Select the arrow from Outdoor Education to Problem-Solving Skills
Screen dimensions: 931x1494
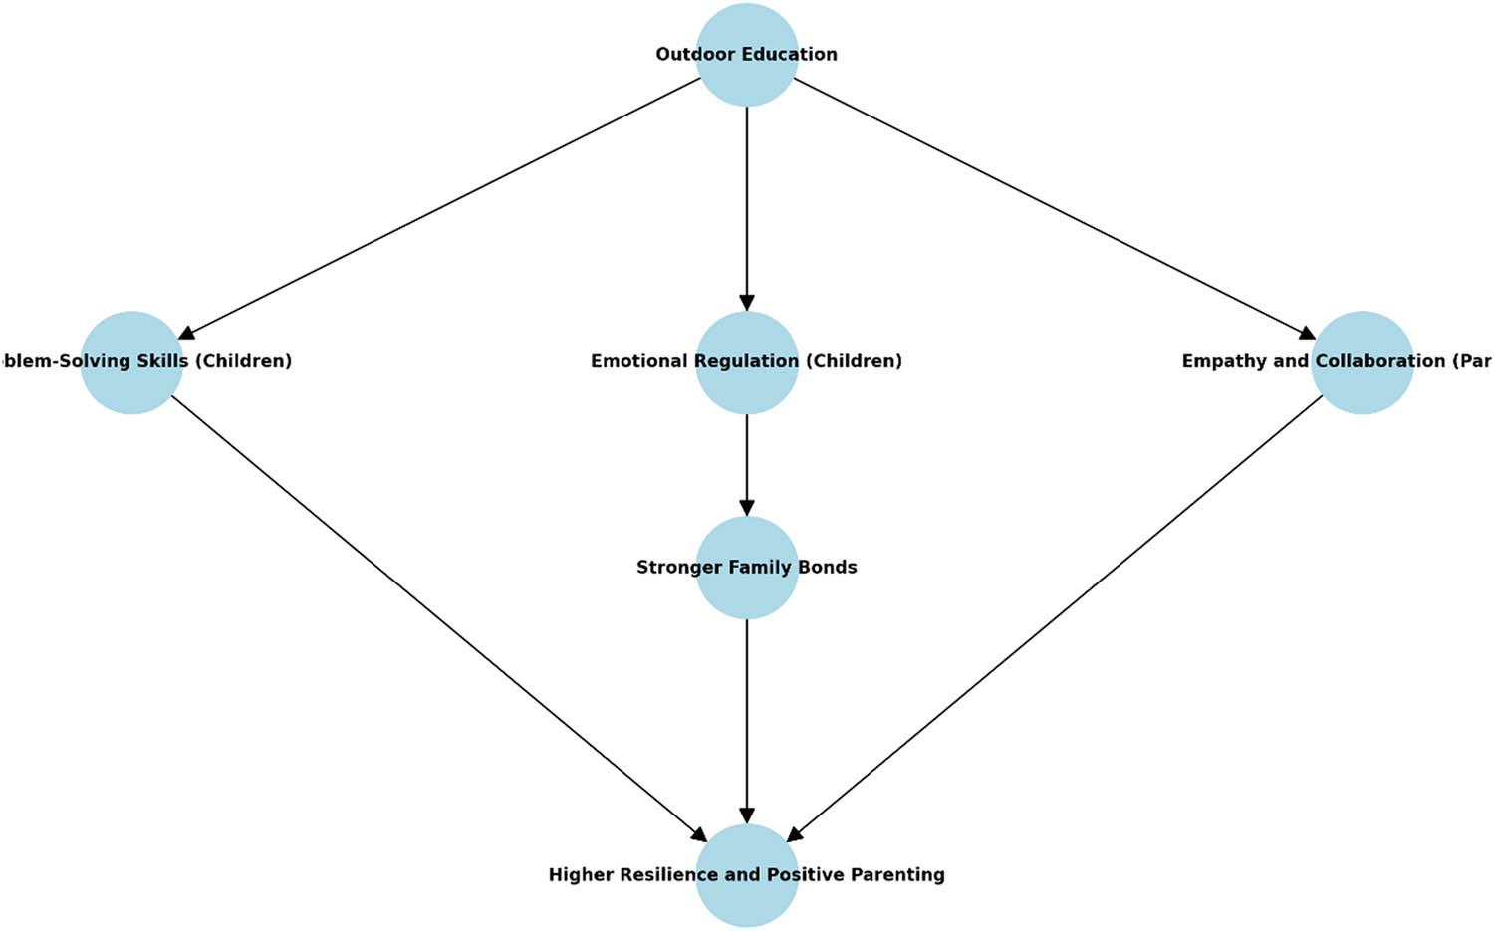click(438, 208)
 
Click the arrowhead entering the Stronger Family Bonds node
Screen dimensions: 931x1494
click(746, 507)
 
